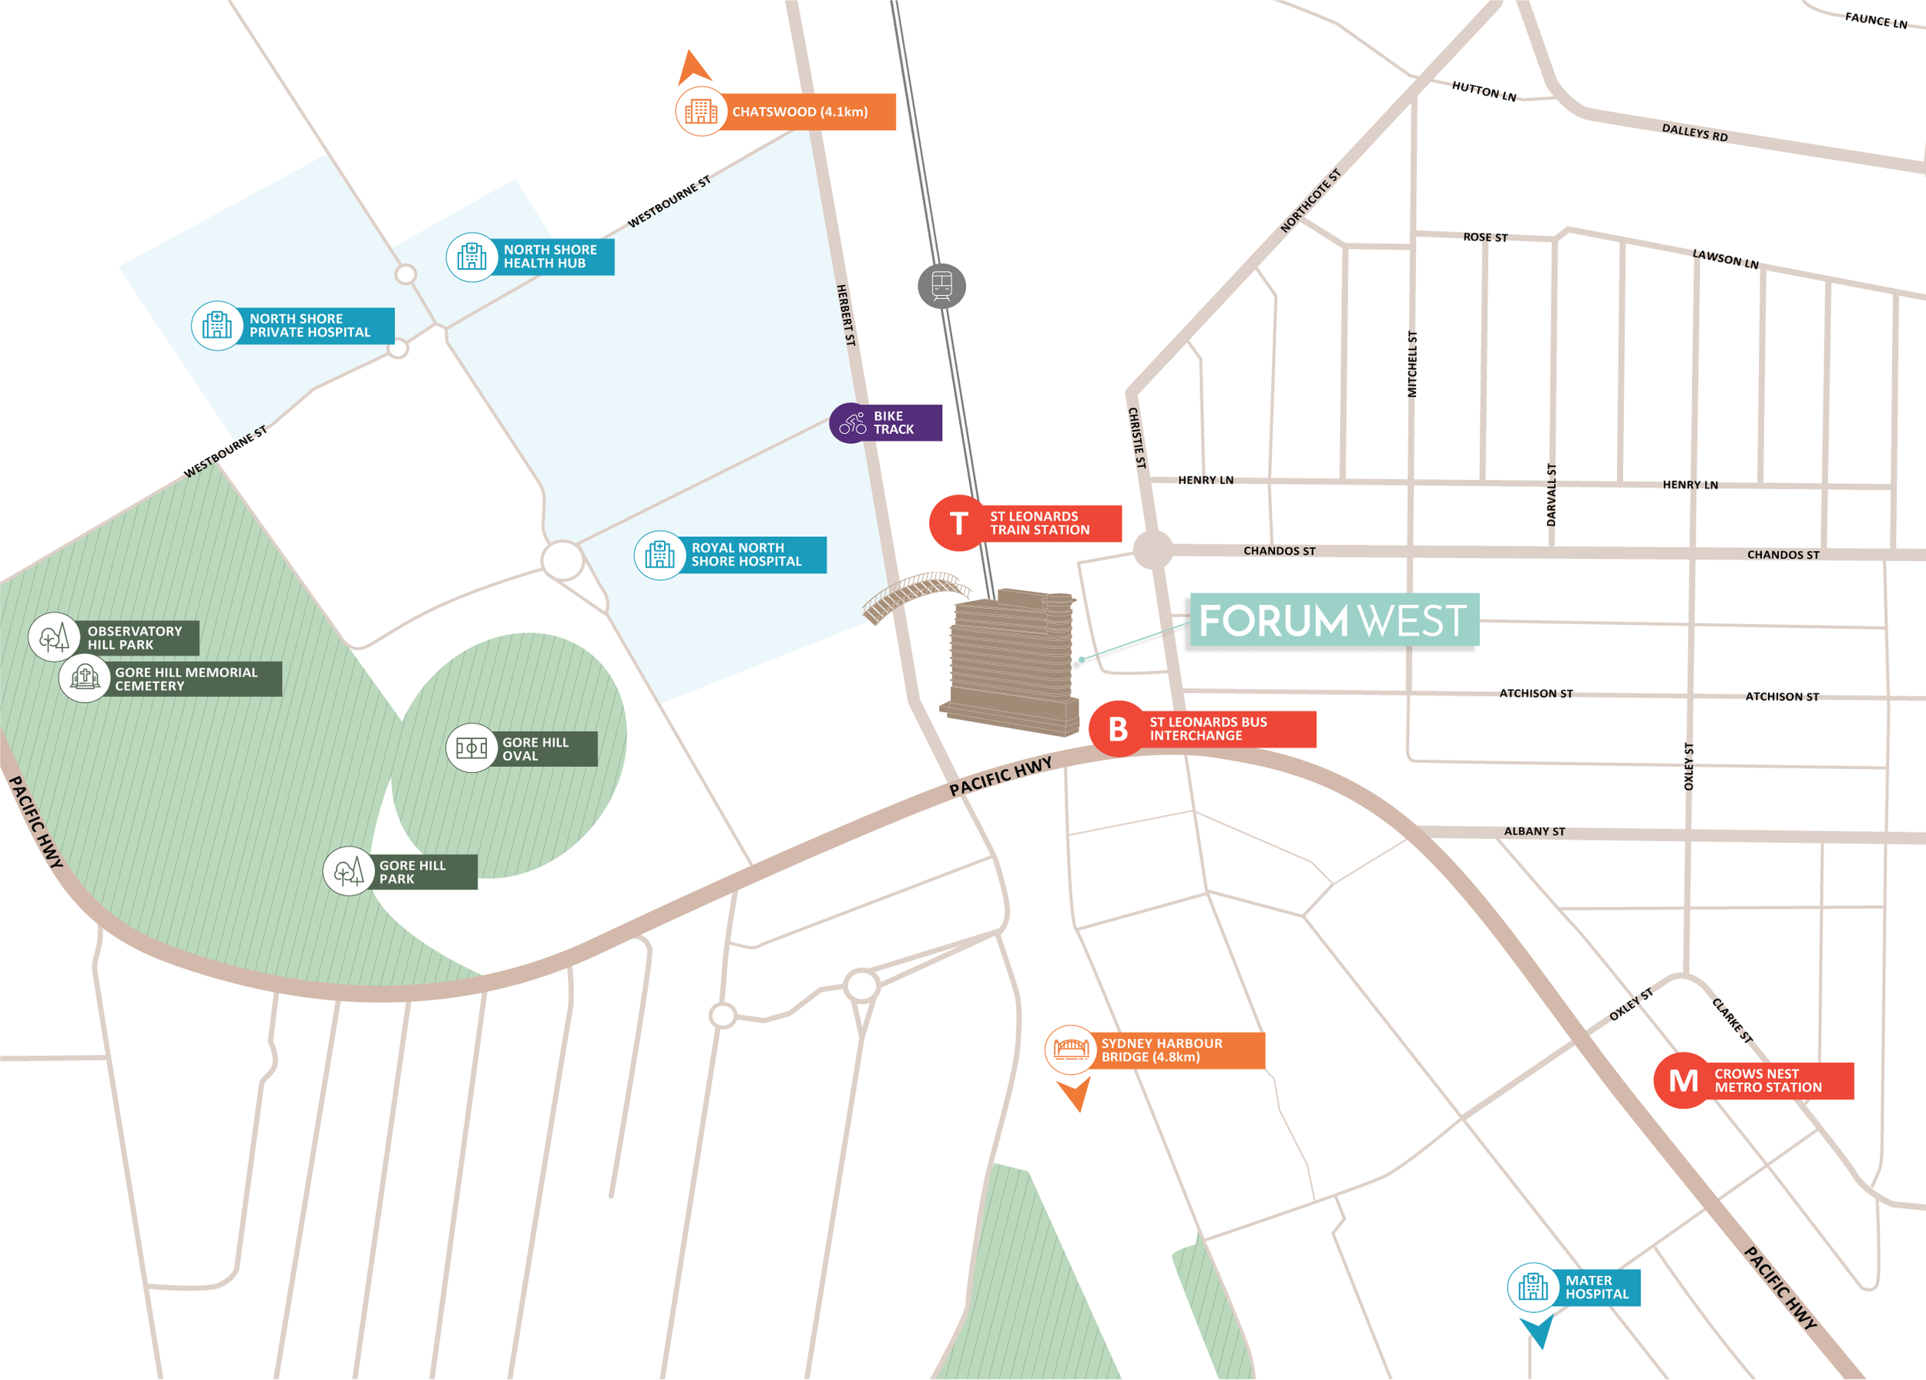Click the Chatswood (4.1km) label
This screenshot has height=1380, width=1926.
point(799,112)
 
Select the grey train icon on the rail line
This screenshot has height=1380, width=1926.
point(941,286)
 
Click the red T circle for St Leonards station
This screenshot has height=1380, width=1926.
point(958,523)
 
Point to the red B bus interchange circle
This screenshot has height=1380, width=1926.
point(1118,729)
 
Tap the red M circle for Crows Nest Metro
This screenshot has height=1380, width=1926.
point(1683,1081)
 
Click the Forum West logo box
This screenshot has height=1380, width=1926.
point(1334,620)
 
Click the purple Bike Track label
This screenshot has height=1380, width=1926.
point(894,423)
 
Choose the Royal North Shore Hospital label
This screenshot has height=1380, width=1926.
point(747,555)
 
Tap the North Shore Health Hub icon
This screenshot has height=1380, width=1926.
point(471,257)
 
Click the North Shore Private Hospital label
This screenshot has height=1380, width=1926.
point(310,325)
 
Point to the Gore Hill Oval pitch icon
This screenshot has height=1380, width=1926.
point(471,747)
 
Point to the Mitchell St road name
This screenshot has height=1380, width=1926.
point(1412,364)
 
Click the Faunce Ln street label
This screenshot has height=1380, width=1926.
point(1876,19)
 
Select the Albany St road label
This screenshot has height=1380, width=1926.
point(1535,831)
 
